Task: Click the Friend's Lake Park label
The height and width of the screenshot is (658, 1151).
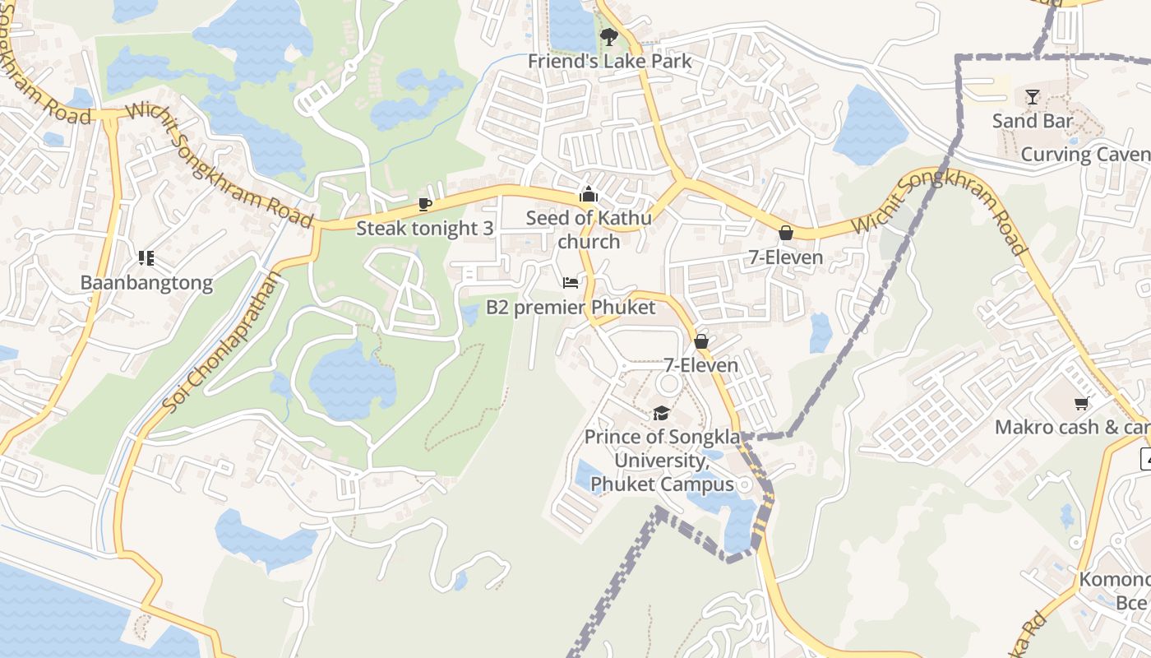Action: click(x=609, y=61)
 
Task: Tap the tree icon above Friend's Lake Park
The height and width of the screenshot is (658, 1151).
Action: click(x=608, y=36)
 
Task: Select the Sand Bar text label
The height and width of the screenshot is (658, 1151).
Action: click(x=1032, y=121)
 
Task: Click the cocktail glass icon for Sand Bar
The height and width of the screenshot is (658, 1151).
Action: click(x=1032, y=97)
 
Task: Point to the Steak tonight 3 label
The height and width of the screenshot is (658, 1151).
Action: click(x=424, y=228)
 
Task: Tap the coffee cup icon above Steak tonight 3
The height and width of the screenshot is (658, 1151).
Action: click(x=424, y=204)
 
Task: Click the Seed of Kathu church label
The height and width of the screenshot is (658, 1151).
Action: click(x=589, y=229)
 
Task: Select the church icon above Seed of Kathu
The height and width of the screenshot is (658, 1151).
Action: click(x=588, y=195)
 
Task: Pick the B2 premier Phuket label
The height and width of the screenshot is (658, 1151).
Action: click(x=571, y=308)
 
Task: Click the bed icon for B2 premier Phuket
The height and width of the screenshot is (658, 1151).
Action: click(x=571, y=283)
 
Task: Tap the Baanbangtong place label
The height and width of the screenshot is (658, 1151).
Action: click(x=146, y=283)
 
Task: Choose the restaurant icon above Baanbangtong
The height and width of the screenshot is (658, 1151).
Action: click(x=146, y=259)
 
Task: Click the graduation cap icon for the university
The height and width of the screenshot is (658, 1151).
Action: click(x=661, y=413)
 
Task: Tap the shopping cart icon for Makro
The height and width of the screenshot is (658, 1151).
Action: click(x=1081, y=403)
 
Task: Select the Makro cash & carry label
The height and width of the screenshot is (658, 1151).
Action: click(x=1072, y=427)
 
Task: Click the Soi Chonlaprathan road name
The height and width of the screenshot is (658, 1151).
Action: click(x=221, y=342)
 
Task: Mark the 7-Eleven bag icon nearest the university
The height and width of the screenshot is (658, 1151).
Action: click(x=701, y=341)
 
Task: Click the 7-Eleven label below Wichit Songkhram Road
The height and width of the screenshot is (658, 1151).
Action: click(x=785, y=257)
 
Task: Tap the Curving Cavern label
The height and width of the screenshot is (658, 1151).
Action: click(x=1084, y=155)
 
